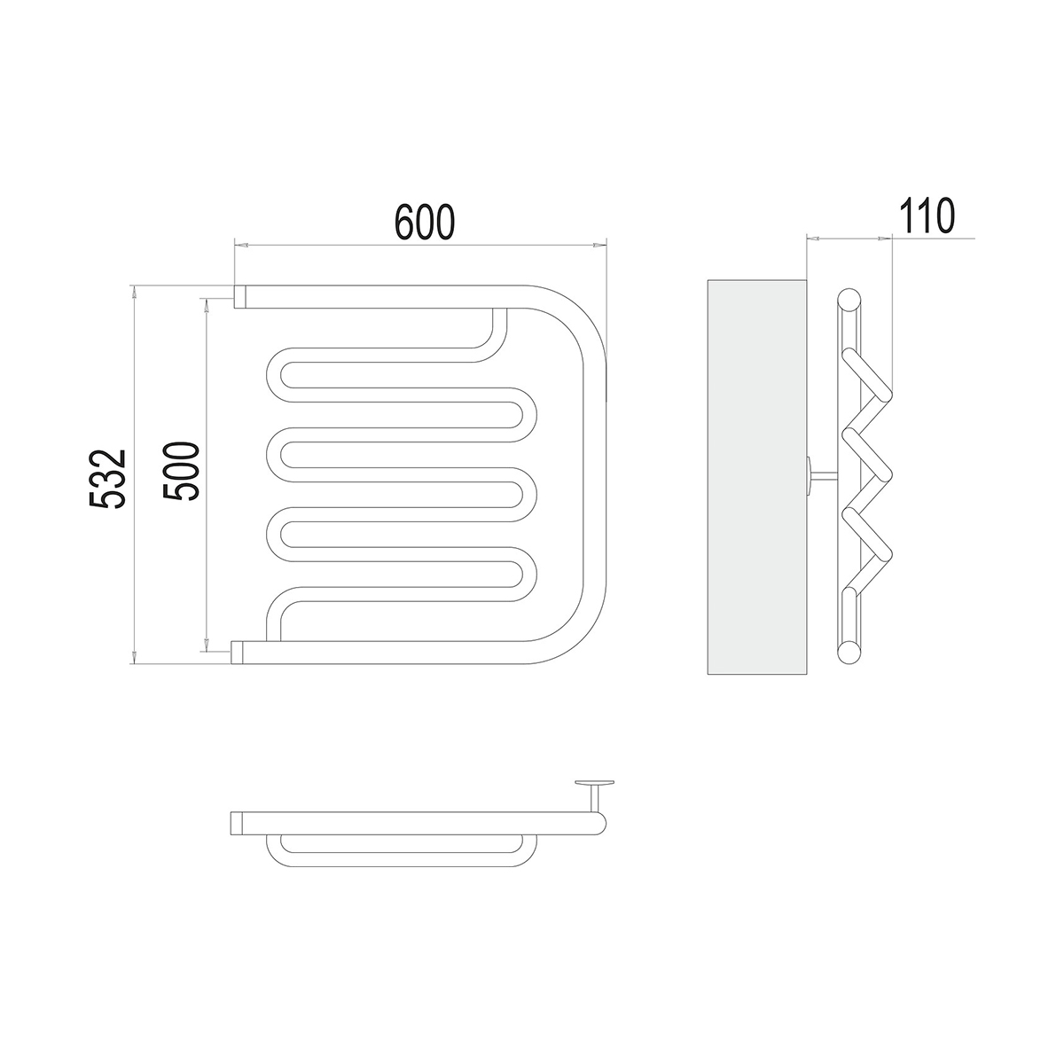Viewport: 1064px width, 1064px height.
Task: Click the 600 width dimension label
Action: point(425,223)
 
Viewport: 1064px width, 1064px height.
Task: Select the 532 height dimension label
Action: point(107,478)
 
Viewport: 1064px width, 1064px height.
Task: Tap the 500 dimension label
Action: point(180,471)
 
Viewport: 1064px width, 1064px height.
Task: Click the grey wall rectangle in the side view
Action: point(757,477)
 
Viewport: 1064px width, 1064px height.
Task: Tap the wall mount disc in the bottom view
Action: point(594,782)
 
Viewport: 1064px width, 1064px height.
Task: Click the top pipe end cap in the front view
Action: point(240,296)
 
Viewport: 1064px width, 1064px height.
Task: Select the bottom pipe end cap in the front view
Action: point(237,652)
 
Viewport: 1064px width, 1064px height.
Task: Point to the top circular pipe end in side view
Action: point(849,300)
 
